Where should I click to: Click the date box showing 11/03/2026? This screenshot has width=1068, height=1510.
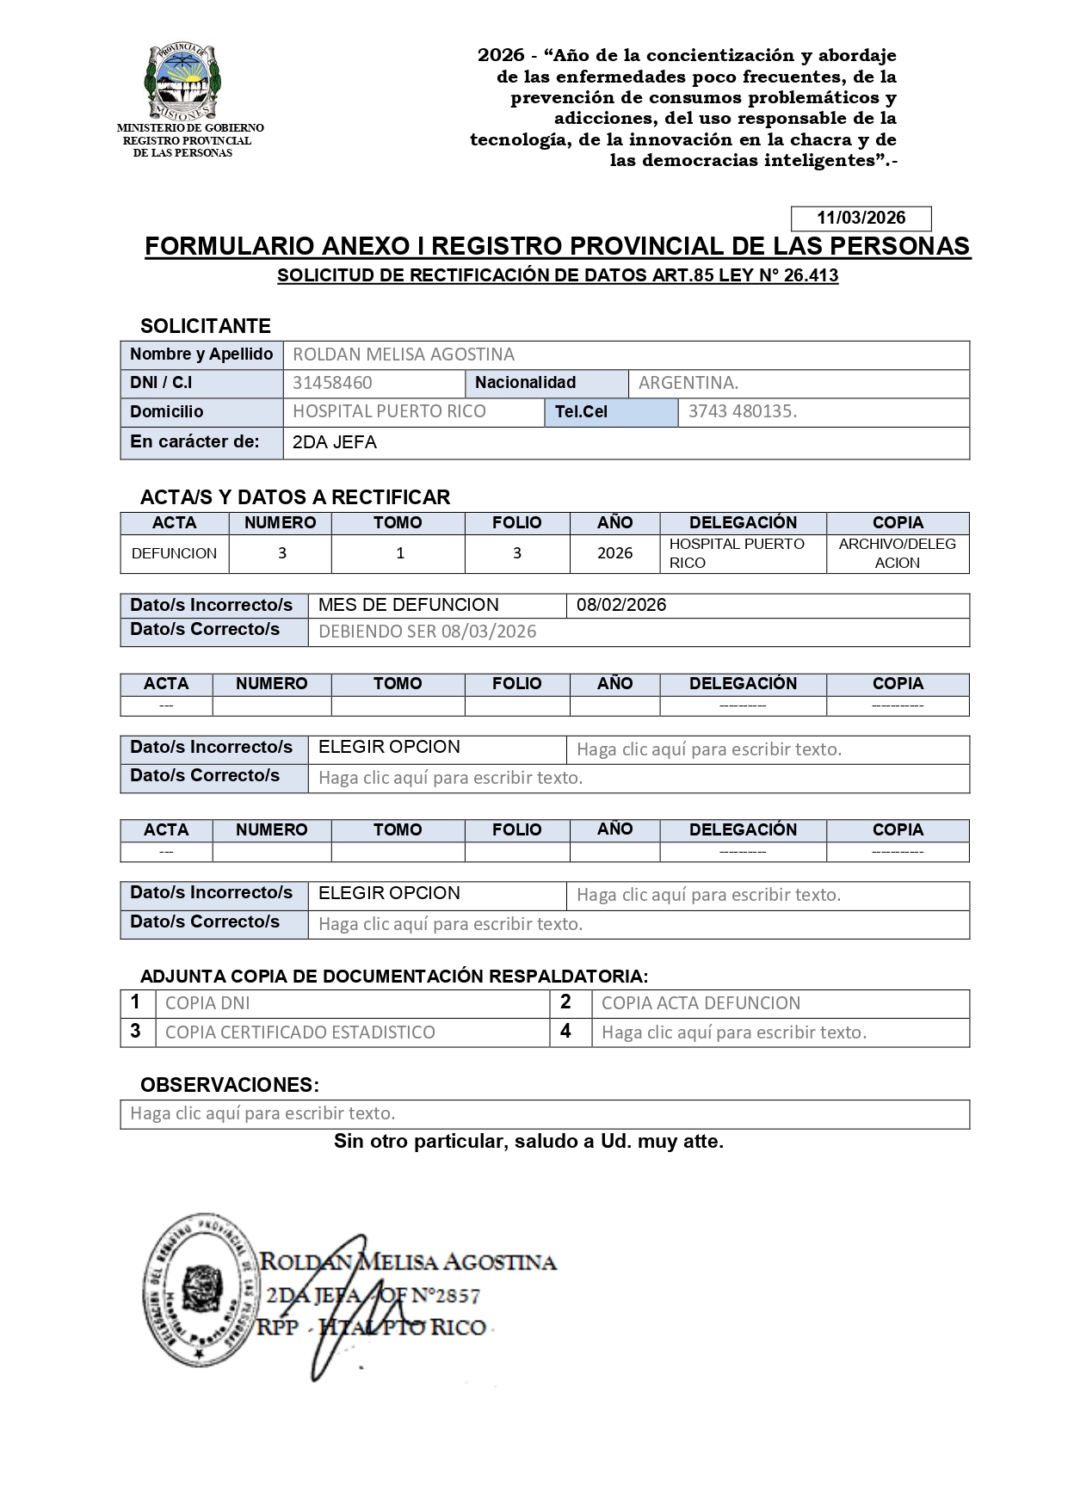861,219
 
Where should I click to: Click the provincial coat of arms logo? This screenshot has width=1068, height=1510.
183,83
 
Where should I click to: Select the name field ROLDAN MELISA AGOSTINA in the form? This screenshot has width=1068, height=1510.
404,354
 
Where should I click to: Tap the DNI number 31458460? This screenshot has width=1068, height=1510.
332,384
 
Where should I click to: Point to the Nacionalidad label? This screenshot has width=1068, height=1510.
525,383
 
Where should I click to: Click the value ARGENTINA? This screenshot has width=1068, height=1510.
688,384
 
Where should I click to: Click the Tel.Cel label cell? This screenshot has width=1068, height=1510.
581,412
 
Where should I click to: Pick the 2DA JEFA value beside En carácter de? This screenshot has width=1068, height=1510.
335,443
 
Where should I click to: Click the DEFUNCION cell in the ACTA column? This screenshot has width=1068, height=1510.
174,553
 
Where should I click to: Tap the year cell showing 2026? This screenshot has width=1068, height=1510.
614,553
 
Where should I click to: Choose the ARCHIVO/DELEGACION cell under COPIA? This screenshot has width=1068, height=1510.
897,553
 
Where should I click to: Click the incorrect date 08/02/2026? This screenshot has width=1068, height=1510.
621,606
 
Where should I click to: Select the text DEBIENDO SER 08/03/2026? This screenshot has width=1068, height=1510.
427,632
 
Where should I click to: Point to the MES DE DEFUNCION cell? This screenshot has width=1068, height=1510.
408,606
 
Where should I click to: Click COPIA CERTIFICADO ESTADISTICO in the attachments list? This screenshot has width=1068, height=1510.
299,1032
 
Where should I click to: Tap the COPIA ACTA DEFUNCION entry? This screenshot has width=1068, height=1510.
701,1003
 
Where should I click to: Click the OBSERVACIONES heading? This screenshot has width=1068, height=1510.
229,1085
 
